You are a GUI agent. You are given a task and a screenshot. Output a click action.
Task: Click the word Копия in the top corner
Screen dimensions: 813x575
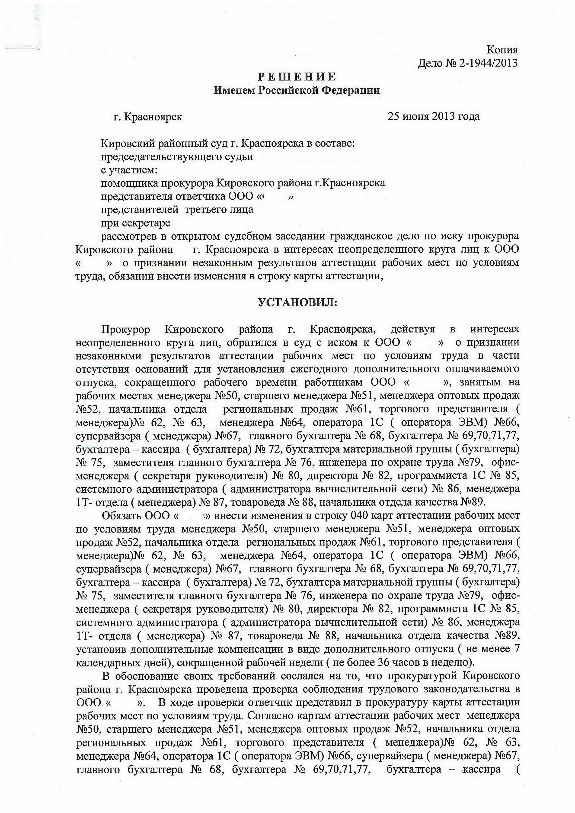(502, 50)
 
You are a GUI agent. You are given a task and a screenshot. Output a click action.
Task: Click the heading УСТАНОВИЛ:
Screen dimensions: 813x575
(297, 302)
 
